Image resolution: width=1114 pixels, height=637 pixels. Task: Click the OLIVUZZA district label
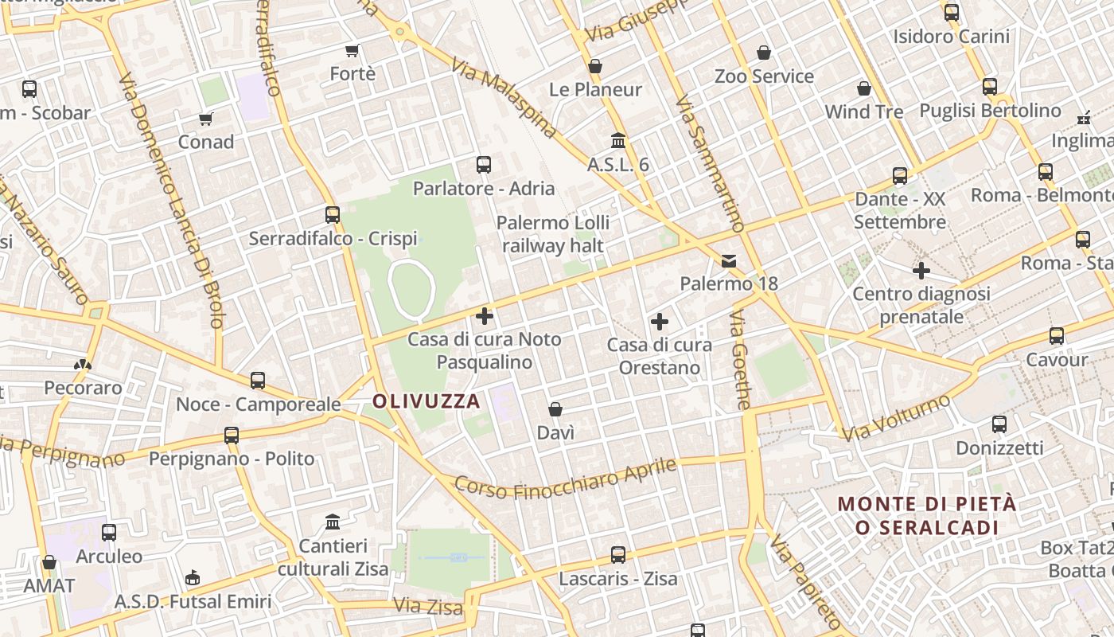coord(427,401)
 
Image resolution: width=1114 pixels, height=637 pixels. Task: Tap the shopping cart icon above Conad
coord(206,119)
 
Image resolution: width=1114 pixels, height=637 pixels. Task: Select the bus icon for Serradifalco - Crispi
coord(333,215)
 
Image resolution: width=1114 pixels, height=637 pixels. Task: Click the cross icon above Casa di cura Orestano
coord(659,322)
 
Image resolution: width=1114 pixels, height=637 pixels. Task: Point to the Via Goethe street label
coord(740,360)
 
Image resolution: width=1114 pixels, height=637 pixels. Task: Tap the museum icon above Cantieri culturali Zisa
coord(333,522)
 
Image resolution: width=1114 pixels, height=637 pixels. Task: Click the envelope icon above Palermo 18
coord(728,261)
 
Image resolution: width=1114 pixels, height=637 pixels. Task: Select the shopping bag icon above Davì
coord(555,409)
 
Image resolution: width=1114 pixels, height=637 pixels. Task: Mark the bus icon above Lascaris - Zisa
coord(618,554)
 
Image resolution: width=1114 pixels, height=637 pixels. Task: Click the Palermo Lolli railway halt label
coord(553,233)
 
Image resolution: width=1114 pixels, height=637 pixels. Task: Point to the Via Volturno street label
coord(897,417)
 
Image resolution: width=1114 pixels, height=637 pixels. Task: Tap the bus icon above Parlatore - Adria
coord(483,165)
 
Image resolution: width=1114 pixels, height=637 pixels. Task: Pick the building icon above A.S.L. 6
coord(617,141)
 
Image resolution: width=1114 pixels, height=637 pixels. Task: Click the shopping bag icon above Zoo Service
coord(764,53)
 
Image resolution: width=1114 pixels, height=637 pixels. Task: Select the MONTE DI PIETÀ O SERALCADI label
coord(927,515)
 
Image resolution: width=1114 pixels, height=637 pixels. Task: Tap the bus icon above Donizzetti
coord(999,424)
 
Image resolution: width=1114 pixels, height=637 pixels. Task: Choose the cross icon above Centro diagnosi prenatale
coord(921,271)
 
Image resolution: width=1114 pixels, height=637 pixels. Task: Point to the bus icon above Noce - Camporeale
coord(258,381)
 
